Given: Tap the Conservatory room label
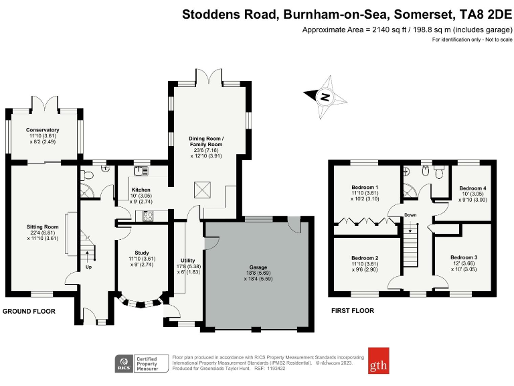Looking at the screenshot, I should click(43, 130).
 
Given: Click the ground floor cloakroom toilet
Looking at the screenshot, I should click(88, 176).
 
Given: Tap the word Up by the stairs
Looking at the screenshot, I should click(88, 267).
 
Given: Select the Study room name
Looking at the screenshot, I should click(141, 253).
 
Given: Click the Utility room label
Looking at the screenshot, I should click(187, 260).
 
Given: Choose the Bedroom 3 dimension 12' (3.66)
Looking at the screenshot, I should click(464, 264).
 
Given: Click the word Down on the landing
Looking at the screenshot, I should click(411, 215).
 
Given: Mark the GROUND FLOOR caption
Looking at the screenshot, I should click(29, 312).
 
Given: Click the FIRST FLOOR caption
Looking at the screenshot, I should click(353, 311).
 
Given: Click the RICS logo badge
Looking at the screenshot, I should click(123, 363).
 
